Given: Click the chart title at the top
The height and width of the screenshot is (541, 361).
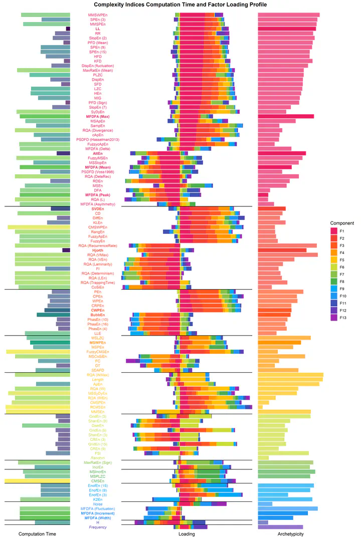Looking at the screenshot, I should [x=180, y=5].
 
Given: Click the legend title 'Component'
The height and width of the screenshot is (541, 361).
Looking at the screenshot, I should [x=342, y=223].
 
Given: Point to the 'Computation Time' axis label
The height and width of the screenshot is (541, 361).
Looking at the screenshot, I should [x=37, y=534].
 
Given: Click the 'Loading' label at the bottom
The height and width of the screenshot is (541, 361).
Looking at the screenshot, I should [x=187, y=534].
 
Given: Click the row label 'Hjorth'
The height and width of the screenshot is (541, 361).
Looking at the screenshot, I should [x=98, y=250].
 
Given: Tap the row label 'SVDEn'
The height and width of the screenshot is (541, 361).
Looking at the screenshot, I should [x=98, y=208].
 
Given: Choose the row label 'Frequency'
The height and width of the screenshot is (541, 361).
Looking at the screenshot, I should [x=98, y=527].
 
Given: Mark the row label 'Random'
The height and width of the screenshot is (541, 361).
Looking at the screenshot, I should [x=98, y=458].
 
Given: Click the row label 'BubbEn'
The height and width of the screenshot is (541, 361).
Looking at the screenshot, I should [x=98, y=315].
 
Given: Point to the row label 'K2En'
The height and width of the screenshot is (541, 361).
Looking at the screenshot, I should [x=98, y=499].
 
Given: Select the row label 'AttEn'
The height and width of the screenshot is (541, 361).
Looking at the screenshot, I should [x=98, y=153].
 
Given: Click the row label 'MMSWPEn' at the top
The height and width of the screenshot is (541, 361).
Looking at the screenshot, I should [x=98, y=15].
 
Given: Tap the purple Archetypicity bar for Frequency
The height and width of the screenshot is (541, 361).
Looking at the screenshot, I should [x=280, y=527].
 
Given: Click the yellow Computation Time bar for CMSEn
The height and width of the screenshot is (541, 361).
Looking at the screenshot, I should [x=38, y=481].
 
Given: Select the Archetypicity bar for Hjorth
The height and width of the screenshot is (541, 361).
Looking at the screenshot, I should [x=282, y=250].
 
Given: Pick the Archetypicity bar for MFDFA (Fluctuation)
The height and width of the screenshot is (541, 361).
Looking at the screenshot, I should [x=287, y=508].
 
